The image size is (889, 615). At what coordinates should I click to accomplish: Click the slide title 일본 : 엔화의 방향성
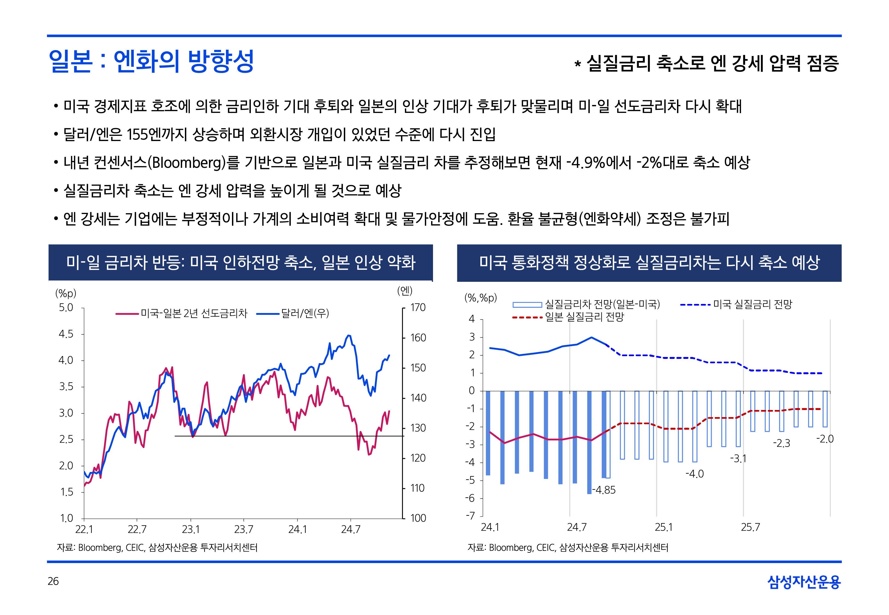pyautogui.click(x=151, y=61)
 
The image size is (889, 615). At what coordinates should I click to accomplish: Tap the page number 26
pyautogui.click(x=53, y=581)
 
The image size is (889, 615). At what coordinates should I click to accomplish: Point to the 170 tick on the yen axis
pyautogui.click(x=418, y=307)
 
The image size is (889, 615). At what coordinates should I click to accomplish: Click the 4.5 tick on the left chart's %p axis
pyautogui.click(x=66, y=334)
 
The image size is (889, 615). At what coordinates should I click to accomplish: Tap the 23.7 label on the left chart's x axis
pyautogui.click(x=244, y=529)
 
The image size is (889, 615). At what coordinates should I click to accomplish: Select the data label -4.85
pyautogui.click(x=604, y=490)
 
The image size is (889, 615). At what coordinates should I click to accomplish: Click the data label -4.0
pyautogui.click(x=695, y=474)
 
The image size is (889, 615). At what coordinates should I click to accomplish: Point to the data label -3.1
pyautogui.click(x=738, y=459)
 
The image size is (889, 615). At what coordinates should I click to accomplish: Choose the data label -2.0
pyautogui.click(x=825, y=439)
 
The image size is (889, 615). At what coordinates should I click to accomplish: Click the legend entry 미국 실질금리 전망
pyautogui.click(x=752, y=305)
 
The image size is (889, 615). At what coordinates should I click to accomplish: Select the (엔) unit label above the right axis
pyautogui.click(x=405, y=291)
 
